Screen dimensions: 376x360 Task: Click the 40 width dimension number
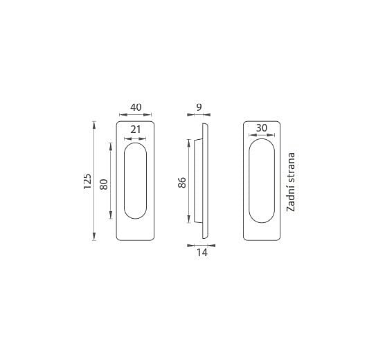point(136,107)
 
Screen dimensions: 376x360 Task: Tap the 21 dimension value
point(136,129)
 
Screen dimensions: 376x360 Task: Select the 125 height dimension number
point(87,181)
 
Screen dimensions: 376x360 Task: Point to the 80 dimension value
point(104,184)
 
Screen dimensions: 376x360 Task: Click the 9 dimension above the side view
point(199,107)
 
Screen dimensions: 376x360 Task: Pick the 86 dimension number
point(182,182)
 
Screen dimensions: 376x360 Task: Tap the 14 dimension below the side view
point(202,253)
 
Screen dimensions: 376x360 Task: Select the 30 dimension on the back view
point(261,128)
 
